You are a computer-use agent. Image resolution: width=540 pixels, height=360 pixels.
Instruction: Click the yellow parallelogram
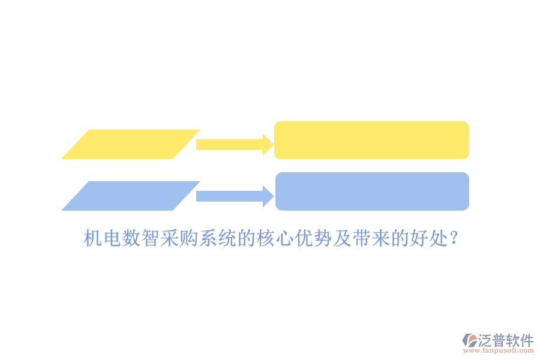coord(130,144)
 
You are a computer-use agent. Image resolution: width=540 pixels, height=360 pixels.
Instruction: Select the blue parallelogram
coord(130,196)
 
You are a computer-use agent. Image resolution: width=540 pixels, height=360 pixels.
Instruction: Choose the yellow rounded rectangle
coord(371,140)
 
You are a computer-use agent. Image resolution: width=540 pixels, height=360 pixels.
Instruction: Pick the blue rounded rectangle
coord(372,191)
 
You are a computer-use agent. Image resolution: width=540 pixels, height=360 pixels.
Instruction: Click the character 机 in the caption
coord(92,239)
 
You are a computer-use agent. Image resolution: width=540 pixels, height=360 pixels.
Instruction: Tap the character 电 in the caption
coord(112,239)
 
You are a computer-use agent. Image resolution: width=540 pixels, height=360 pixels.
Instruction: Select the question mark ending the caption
coord(454,239)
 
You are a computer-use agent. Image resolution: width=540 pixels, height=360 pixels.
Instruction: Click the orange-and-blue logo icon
coord(469,341)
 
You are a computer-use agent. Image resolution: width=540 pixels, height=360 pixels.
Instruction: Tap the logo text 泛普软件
coord(505,340)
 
